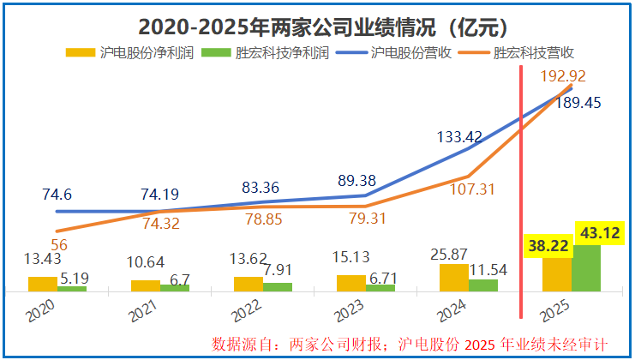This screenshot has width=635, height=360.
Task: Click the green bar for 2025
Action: pos(586,268)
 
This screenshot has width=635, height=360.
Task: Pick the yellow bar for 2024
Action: pos(453,277)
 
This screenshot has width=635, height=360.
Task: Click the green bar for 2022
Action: pos(278,286)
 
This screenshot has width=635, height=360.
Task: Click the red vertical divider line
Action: pos(523,189)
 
